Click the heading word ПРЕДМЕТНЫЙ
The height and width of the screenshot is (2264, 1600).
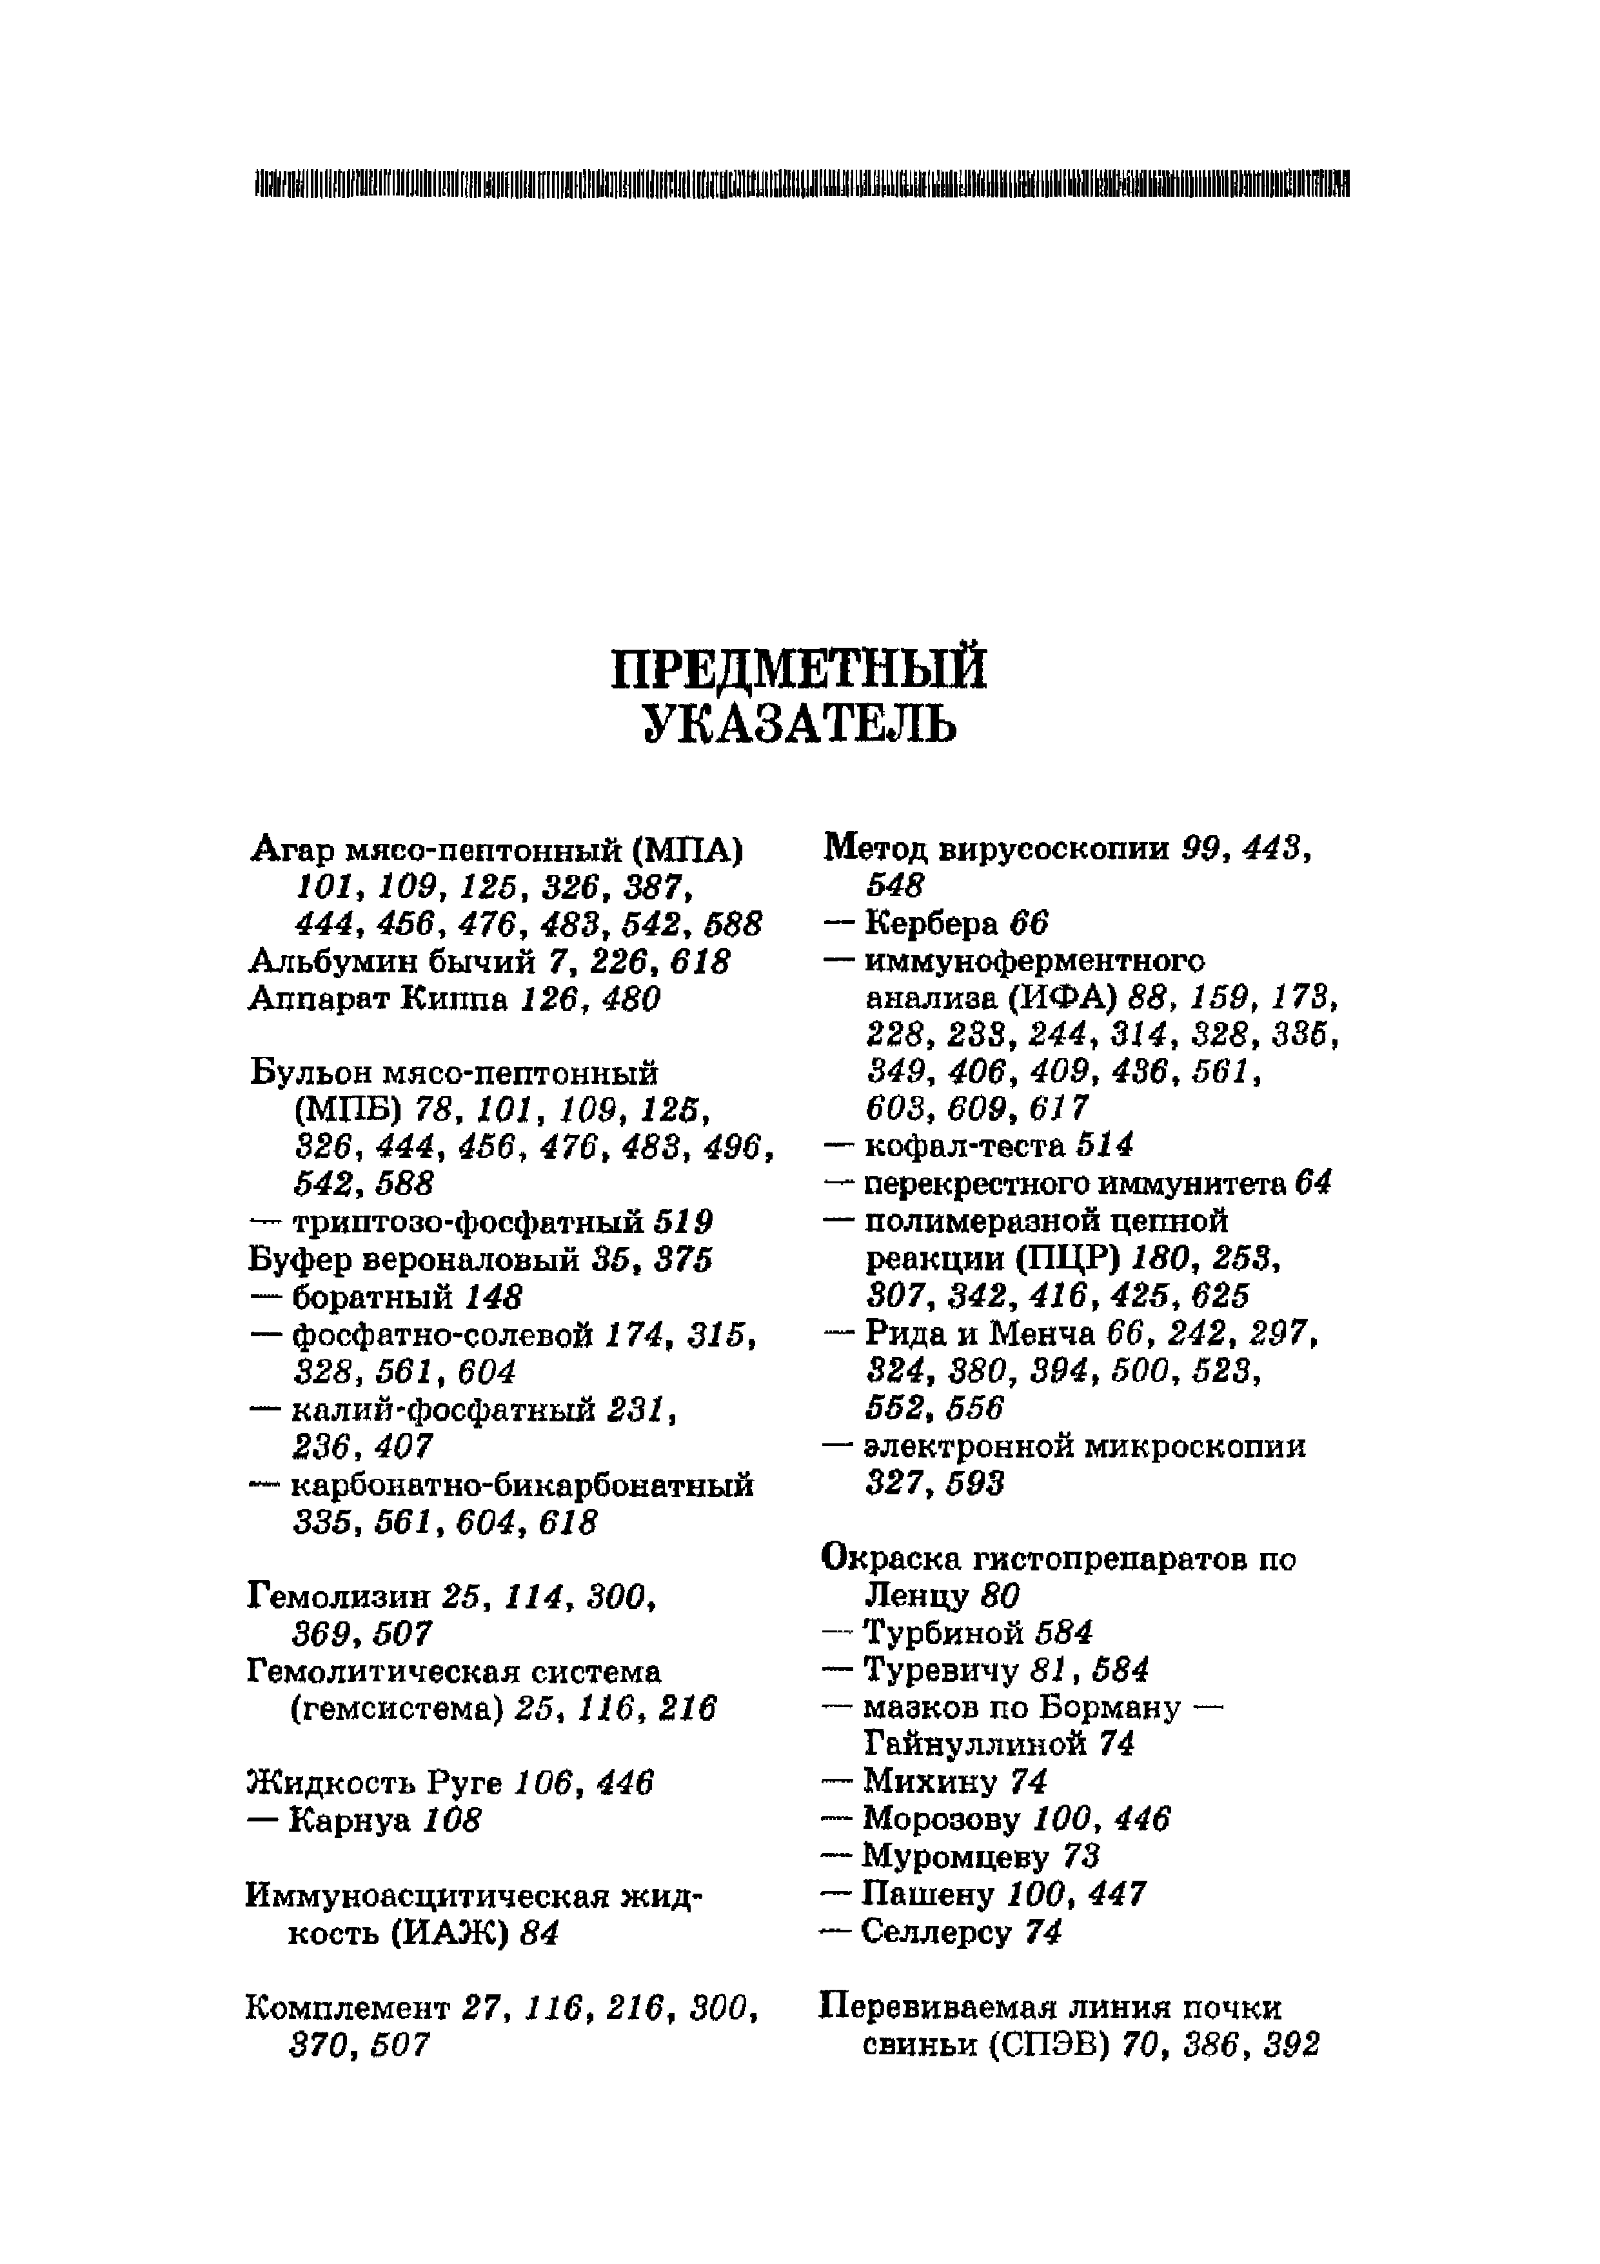tap(798, 670)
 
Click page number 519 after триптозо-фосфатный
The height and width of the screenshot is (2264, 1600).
tap(683, 1223)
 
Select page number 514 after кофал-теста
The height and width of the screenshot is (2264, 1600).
tap(1104, 1145)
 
